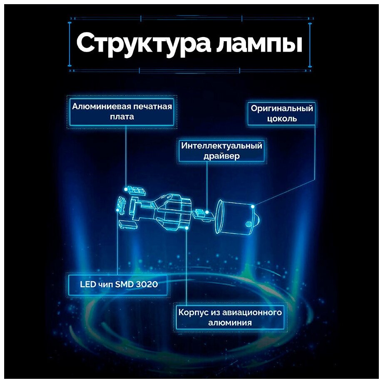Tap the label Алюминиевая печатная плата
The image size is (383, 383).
tap(122, 111)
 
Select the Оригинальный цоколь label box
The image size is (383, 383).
tap(281, 113)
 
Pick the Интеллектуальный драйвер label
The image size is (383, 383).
tap(221, 151)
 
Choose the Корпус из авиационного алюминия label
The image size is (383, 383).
tap(230, 317)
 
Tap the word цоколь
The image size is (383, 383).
tap(281, 119)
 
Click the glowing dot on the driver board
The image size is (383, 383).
tap(208, 212)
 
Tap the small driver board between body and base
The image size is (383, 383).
tap(205, 215)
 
